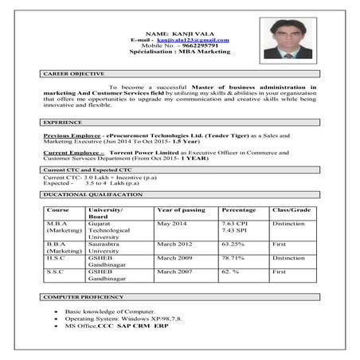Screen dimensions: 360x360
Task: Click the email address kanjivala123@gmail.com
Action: point(193,40)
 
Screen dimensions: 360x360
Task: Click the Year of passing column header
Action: point(182,209)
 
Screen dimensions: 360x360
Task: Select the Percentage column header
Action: point(239,209)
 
